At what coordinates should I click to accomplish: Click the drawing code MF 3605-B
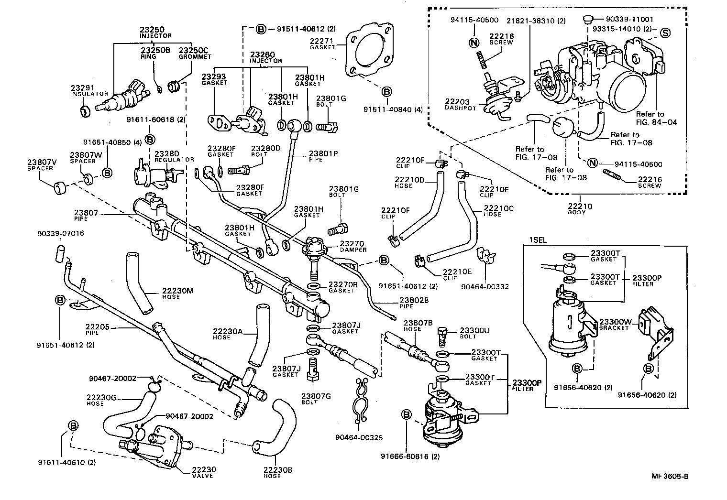coord(670,476)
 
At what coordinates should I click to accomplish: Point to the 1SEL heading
coord(537,240)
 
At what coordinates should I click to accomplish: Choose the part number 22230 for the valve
coord(204,469)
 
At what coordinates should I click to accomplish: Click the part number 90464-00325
coord(359,437)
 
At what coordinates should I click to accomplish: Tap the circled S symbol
coord(665,33)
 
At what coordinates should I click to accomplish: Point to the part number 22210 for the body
coord(580,207)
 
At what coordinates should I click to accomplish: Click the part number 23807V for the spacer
coord(42,162)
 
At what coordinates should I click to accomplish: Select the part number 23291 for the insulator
coord(83,87)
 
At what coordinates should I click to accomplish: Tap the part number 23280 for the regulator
coord(166,153)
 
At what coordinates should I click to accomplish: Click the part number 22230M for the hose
coord(177,291)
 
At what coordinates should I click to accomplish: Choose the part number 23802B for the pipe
coord(414,300)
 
